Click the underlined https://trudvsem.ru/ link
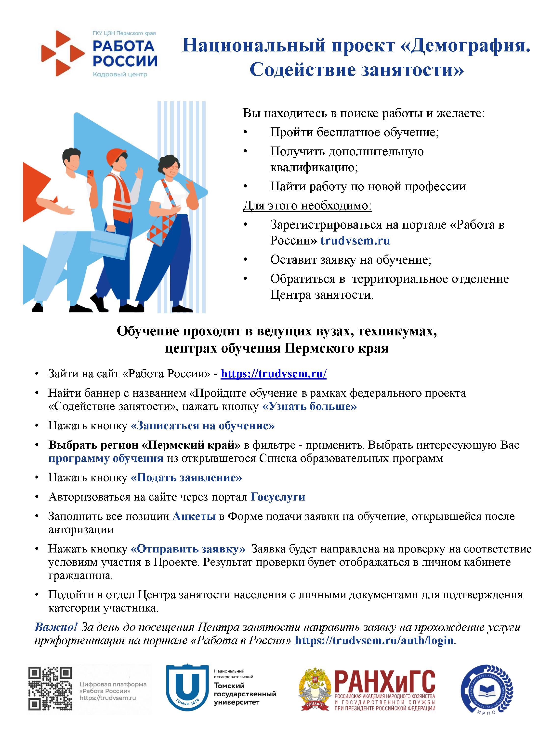click(x=274, y=374)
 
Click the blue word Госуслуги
click(x=278, y=497)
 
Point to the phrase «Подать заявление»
click(x=186, y=478)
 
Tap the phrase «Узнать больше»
click(x=309, y=406)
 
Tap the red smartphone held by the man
click(x=90, y=174)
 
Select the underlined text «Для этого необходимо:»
click(x=307, y=206)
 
